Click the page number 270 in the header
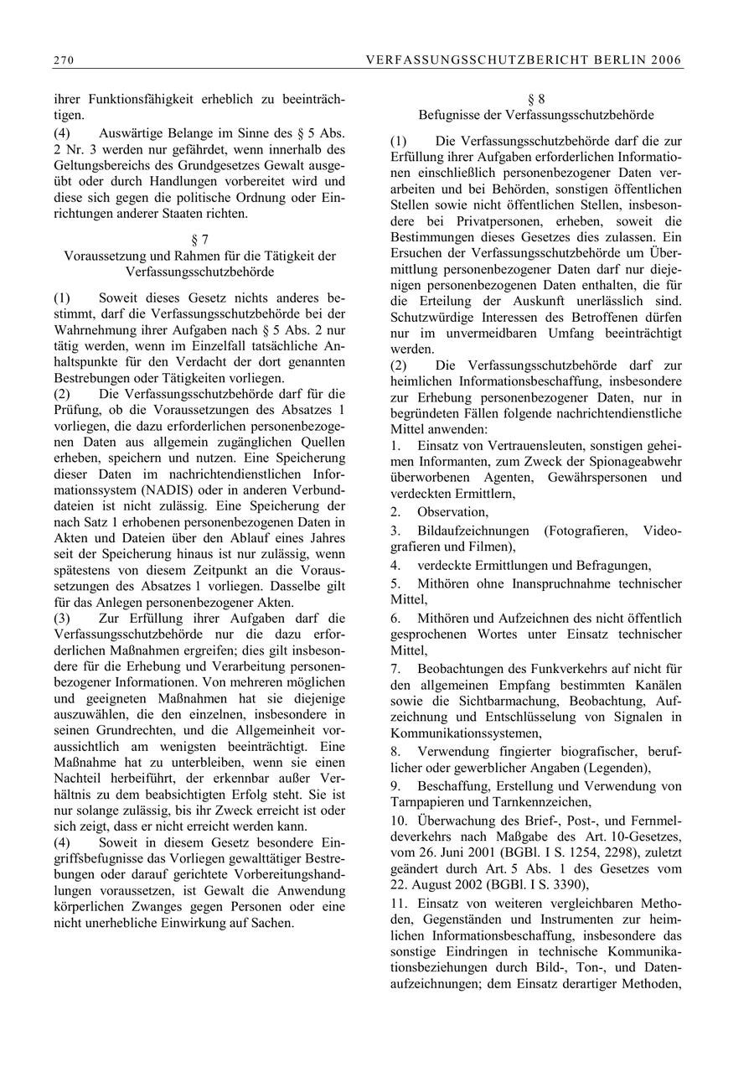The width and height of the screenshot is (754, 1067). pos(62,60)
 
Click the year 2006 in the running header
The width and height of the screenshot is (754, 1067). pos(665,60)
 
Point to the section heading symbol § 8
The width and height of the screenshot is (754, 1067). pos(536,99)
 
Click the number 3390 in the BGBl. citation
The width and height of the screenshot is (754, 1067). pos(569,885)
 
